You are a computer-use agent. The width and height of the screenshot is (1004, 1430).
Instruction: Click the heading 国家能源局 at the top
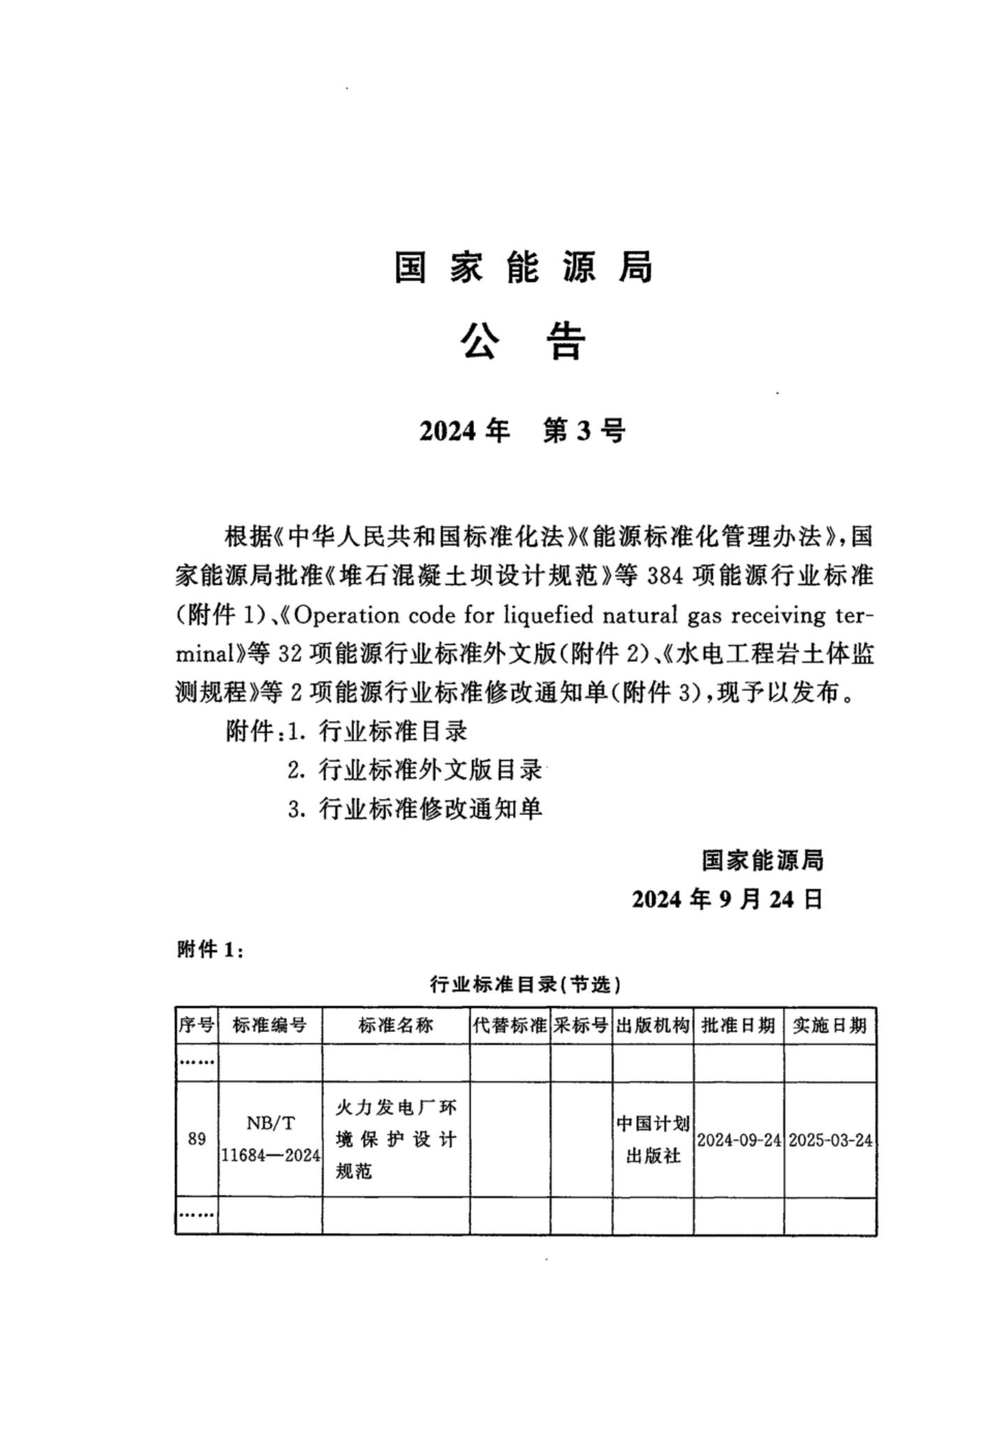[x=523, y=267]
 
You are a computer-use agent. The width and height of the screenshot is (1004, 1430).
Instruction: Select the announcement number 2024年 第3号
[x=522, y=431]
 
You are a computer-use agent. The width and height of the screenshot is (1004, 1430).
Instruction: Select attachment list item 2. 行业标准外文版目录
[x=415, y=770]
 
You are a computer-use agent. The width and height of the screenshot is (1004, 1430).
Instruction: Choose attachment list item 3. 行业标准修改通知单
[x=415, y=809]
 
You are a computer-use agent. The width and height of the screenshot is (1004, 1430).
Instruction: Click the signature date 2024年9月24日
[x=727, y=900]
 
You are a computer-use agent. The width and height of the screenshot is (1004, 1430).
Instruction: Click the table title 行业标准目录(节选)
[x=525, y=985]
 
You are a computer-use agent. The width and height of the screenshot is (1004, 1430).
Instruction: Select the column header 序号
[x=196, y=1025]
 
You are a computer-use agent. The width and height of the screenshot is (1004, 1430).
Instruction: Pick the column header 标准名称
[x=395, y=1025]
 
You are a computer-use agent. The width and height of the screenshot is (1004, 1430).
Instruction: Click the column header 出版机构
[x=653, y=1025]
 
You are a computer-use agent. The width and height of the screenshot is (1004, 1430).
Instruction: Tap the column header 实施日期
[x=829, y=1025]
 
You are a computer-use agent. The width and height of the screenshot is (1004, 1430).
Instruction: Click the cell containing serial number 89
[x=196, y=1139]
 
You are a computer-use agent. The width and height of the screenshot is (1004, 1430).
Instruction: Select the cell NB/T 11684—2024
[x=270, y=1139]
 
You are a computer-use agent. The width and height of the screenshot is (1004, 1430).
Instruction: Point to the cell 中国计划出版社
[x=653, y=1139]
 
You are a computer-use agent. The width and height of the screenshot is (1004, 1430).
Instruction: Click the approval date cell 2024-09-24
[x=738, y=1140]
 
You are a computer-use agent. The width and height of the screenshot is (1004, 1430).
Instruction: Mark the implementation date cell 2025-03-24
[x=830, y=1140]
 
